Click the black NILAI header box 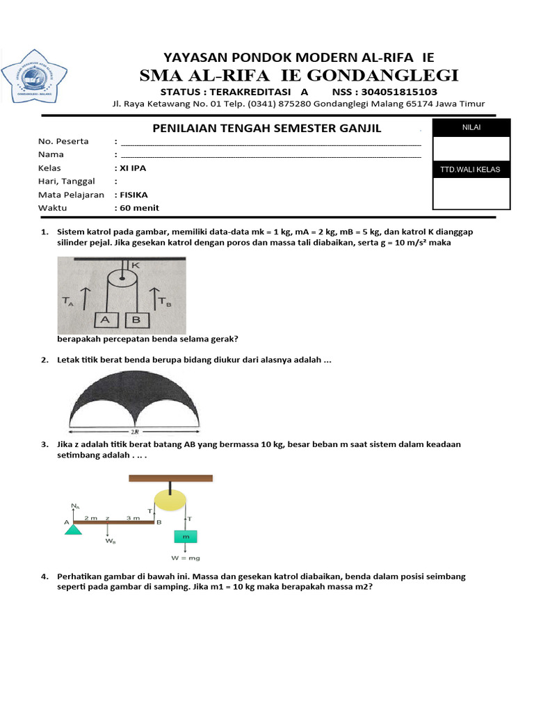[471, 127]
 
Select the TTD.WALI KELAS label [471, 170]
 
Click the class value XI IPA [133, 168]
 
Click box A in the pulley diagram [106, 319]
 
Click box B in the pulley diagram [137, 319]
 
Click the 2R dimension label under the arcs [134, 431]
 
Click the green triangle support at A [73, 530]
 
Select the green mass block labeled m [185, 537]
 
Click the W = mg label [185, 558]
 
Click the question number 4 [44, 576]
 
